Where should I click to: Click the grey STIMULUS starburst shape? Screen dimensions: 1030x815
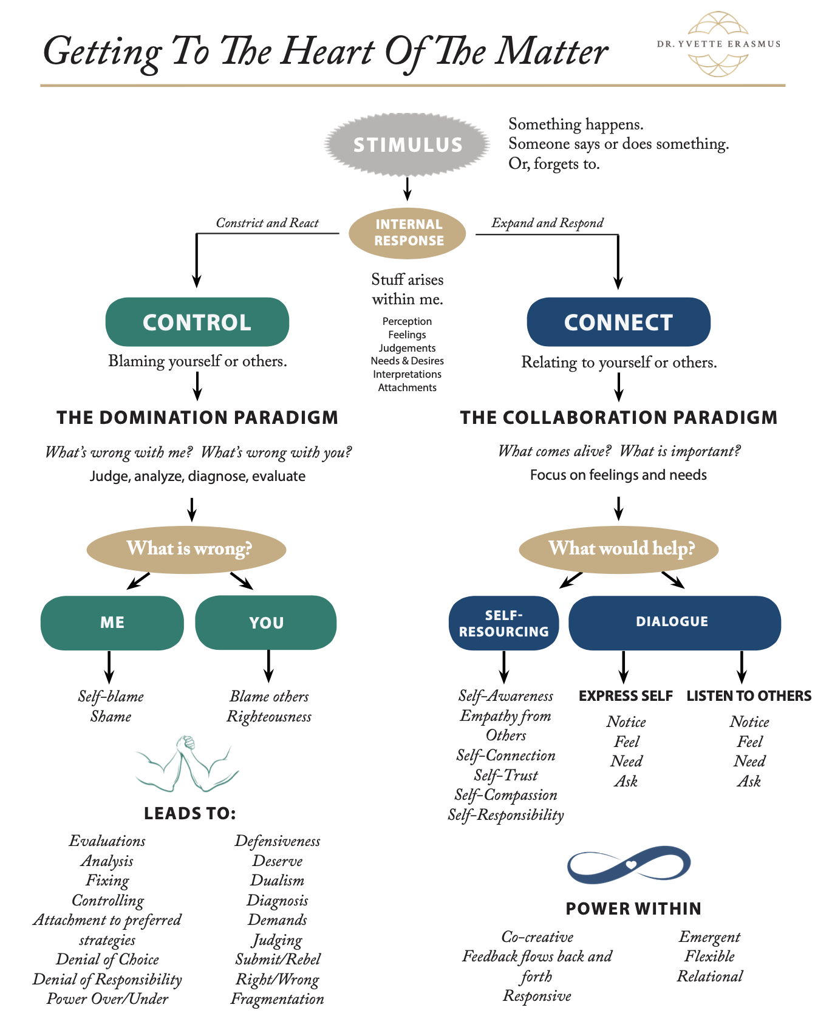tap(408, 145)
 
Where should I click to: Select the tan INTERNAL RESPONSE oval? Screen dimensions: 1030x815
tap(408, 233)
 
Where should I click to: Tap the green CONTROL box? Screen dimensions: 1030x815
tap(197, 322)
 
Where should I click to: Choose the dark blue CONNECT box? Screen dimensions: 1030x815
tap(618, 322)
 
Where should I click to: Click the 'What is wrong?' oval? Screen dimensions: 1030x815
tap(186, 549)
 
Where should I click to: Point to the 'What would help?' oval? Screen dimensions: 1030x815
tap(619, 549)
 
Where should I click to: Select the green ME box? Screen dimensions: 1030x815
tap(112, 622)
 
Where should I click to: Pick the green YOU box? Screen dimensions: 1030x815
tap(266, 622)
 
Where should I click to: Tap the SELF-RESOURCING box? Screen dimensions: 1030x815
tap(503, 623)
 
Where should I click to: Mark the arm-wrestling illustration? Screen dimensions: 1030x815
tap(187, 763)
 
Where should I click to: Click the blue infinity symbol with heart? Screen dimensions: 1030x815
tap(629, 864)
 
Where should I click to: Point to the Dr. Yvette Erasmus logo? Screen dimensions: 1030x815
tap(718, 44)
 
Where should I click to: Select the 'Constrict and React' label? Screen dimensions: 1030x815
tap(267, 223)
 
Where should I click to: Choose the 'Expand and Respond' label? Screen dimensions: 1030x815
tap(547, 223)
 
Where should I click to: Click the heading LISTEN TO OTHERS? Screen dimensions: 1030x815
tap(748, 696)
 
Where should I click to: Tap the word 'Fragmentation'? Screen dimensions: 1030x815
tap(277, 999)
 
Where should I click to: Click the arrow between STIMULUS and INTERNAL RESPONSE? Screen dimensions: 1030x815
tap(408, 188)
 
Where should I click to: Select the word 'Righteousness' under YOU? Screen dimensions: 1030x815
tap(269, 717)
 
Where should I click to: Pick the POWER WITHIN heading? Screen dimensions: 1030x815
tap(633, 909)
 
